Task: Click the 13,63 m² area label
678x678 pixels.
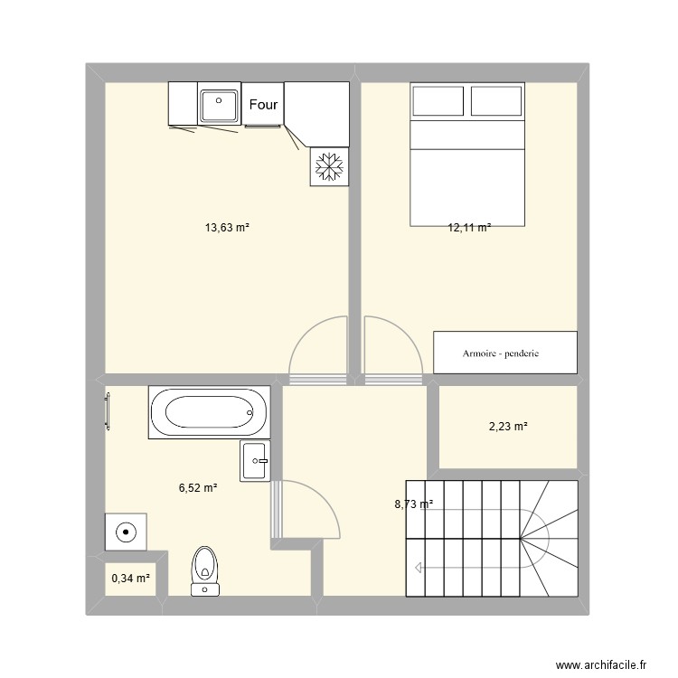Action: [227, 228]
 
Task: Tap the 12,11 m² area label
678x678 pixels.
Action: [469, 228]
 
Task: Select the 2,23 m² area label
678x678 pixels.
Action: [508, 427]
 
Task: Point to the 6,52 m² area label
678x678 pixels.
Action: [198, 488]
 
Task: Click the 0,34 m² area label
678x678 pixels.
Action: [130, 579]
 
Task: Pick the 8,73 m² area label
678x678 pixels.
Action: [414, 504]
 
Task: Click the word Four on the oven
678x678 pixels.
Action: [263, 104]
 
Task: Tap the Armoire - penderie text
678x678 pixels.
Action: [501, 353]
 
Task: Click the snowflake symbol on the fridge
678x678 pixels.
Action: [329, 166]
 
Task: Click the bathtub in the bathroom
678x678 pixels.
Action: [210, 412]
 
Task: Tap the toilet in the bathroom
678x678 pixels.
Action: [205, 571]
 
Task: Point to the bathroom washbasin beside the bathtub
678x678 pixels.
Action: [255, 461]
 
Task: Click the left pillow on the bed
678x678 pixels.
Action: [438, 101]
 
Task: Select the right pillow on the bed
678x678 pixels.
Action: [496, 101]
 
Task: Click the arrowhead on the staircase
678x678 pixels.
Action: [419, 568]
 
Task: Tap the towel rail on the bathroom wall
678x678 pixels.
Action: [108, 411]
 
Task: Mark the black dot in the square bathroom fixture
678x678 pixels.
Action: [126, 532]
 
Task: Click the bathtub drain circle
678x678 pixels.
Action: [250, 412]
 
